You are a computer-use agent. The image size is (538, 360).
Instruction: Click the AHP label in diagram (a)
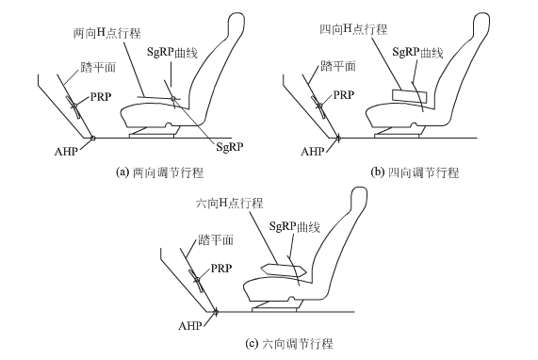66,152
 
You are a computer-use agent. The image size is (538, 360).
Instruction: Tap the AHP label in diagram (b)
313,152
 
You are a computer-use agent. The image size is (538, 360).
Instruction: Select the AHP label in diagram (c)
189,325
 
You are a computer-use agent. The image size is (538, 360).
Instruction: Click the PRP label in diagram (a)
101,97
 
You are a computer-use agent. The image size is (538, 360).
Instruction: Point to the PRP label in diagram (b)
344,95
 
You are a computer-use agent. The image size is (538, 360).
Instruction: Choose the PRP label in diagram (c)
221,268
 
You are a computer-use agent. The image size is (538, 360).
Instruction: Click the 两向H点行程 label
107,33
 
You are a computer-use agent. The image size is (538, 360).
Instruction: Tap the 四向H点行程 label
353,29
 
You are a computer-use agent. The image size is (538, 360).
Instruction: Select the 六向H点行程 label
230,204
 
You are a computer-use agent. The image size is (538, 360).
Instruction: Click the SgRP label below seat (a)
230,147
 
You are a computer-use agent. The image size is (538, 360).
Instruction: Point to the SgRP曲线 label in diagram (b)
418,52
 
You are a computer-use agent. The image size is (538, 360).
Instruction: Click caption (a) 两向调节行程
160,172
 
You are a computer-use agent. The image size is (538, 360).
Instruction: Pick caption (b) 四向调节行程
416,172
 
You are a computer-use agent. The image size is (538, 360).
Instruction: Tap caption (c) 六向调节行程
289,344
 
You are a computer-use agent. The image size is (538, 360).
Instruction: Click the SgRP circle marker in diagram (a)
173,99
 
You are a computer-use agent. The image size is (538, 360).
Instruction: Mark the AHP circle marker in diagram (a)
92,138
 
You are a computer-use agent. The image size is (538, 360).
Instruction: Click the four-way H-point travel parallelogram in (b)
409,95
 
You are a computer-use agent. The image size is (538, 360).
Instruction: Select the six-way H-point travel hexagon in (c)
284,270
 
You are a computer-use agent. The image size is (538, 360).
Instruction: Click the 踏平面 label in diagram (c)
216,239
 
